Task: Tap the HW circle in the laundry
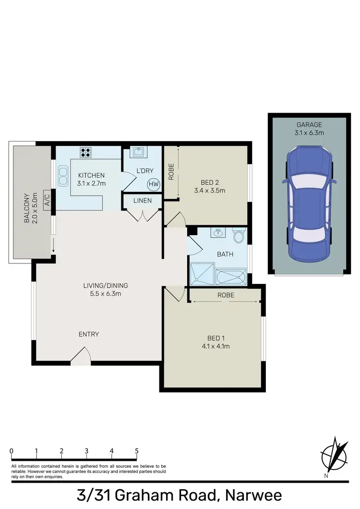tap(154, 184)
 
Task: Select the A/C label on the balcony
tap(47, 200)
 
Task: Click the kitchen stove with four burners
tap(86, 152)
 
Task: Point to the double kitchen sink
tap(62, 176)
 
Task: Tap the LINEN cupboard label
tap(143, 201)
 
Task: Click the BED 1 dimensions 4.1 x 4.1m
tap(213, 346)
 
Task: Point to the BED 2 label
tap(209, 182)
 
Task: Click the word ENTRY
tap(89, 334)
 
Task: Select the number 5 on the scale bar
tap(137, 451)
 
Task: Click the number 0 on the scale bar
tap(11, 451)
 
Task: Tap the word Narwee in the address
tap(250, 495)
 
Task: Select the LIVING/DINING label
tap(106, 285)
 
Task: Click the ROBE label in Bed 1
tap(226, 295)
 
